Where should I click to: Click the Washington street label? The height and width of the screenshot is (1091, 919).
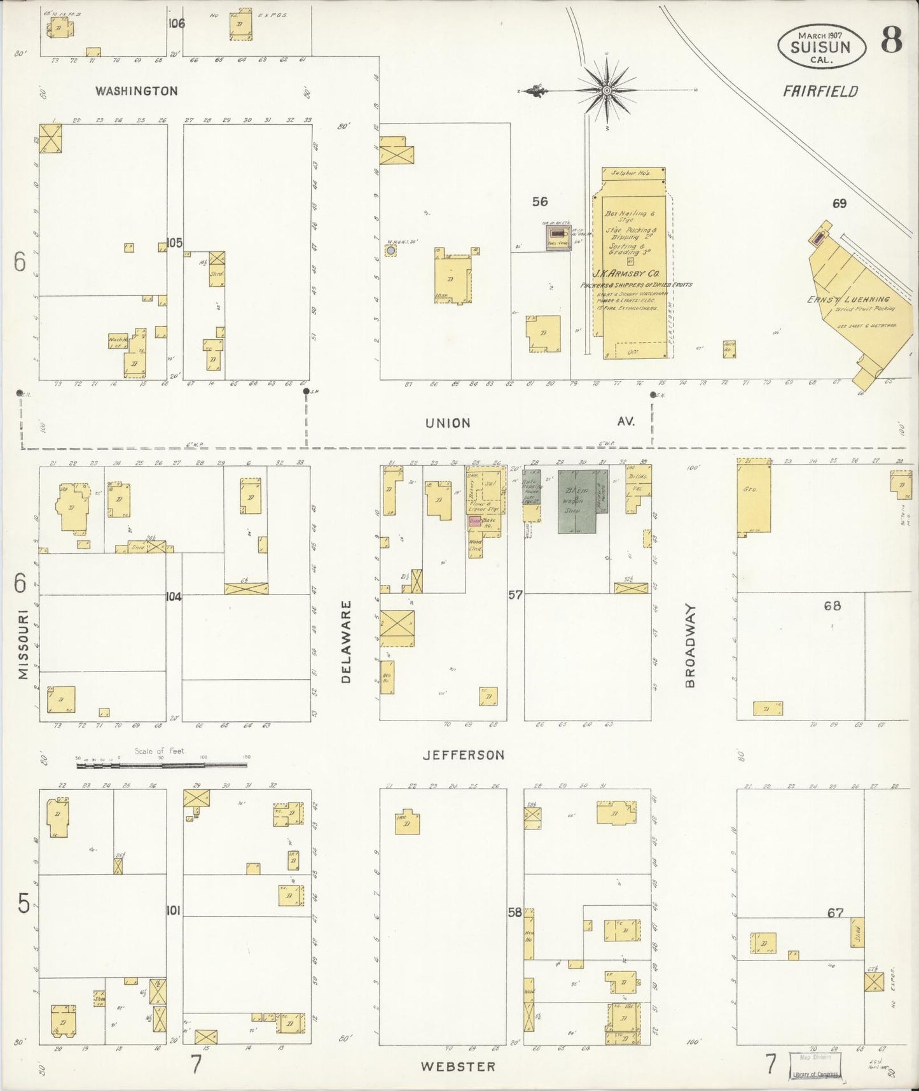(x=136, y=91)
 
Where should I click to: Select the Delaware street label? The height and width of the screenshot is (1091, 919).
(x=346, y=642)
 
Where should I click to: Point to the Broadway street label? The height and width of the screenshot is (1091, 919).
(x=691, y=646)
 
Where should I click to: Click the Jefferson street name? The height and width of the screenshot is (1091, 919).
(x=464, y=755)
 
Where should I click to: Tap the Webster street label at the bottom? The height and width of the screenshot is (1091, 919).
(x=457, y=1066)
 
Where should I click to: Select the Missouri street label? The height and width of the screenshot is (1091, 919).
(x=24, y=645)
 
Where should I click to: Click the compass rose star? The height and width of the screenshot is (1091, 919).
(x=607, y=90)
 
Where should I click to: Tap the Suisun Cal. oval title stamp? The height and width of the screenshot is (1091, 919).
(x=821, y=47)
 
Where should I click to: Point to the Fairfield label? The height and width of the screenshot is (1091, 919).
(x=820, y=92)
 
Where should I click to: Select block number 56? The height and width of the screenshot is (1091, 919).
(x=539, y=202)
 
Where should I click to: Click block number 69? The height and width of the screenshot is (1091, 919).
(x=840, y=204)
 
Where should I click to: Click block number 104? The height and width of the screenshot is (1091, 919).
(x=174, y=596)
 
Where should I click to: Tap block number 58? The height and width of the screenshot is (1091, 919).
(x=515, y=913)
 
